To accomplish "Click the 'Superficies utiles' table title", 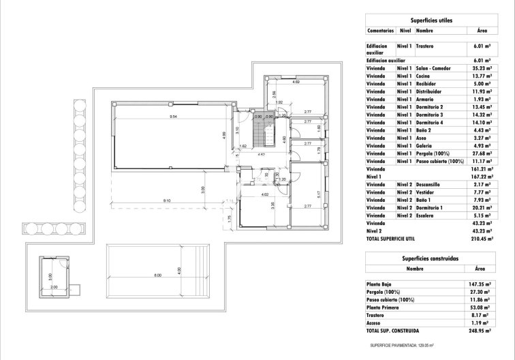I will (x=433, y=21).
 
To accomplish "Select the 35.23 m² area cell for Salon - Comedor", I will (x=481, y=68).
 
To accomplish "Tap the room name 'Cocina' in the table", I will (x=424, y=76).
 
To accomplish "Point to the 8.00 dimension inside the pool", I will (x=157, y=275).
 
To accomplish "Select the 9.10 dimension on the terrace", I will (x=167, y=200).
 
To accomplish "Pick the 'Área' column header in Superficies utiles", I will (x=481, y=31).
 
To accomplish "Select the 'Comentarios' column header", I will (x=380, y=31).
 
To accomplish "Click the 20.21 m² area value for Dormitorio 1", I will (x=481, y=207).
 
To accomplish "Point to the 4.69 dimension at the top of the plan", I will (x=295, y=82).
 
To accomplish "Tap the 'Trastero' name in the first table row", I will (x=425, y=46).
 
